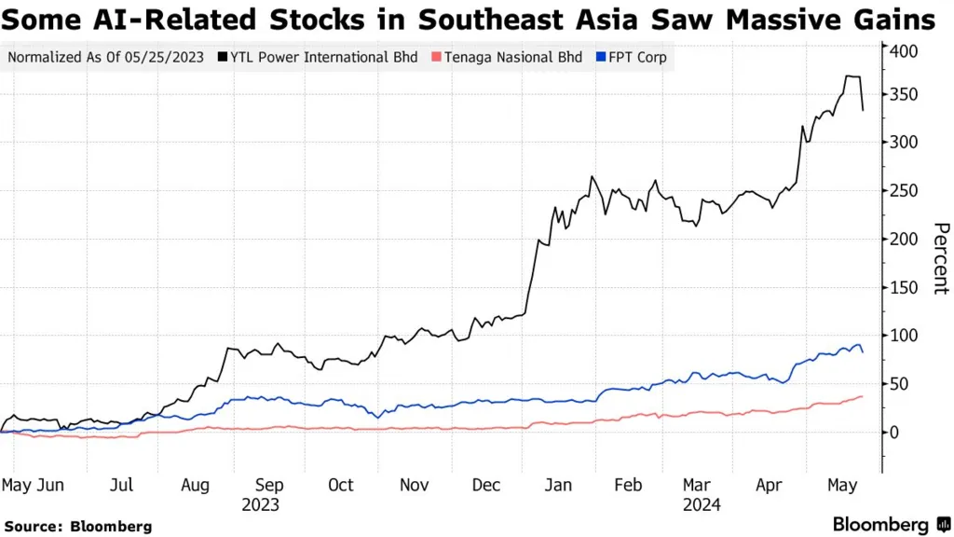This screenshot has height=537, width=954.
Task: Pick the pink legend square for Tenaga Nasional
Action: [x=435, y=58]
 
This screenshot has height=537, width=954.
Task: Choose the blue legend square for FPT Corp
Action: [x=600, y=58]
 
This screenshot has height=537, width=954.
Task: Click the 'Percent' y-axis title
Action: [x=940, y=258]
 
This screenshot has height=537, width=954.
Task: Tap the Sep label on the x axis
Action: [x=269, y=485]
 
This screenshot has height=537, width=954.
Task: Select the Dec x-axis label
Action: [x=485, y=485]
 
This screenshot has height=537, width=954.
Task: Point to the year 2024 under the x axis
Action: [x=701, y=504]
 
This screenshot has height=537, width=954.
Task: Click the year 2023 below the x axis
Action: [x=260, y=504]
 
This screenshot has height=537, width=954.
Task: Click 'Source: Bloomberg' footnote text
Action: [x=77, y=527]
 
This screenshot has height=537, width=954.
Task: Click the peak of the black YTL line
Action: [x=850, y=76]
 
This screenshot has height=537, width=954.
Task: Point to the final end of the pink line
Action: [x=862, y=396]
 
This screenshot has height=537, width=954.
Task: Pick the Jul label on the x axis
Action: [x=121, y=485]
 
